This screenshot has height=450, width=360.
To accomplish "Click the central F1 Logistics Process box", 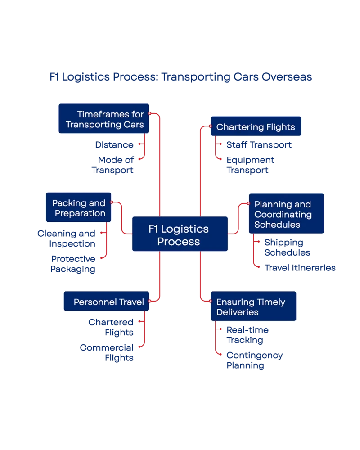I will pos(179,234).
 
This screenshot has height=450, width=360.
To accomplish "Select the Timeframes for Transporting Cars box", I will pos(104,119).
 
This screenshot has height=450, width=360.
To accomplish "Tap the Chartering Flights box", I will pos(255,127).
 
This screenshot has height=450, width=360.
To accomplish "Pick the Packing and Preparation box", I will pos(78,208).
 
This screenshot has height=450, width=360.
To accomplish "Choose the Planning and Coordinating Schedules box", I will pos(286,214).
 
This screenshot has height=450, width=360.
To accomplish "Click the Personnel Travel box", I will pos(108,302).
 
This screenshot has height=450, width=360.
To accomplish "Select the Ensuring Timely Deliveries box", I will pos(253,306).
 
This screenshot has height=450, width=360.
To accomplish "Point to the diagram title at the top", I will pos(180,77).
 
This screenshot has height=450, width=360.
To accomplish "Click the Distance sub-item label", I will pos(114,145).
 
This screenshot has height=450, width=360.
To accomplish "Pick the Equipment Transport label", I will pos(251,165).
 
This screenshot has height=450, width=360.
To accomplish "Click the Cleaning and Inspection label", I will pos(67,238).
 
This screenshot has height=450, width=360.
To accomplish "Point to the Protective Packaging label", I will pos(73,264).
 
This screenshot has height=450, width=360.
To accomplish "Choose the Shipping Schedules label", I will pos(288,247).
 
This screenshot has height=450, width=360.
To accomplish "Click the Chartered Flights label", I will pos(110,327).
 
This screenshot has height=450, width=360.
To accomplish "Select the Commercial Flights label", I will pos(106,352).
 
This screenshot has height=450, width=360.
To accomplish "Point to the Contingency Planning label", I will pos(254,360).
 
